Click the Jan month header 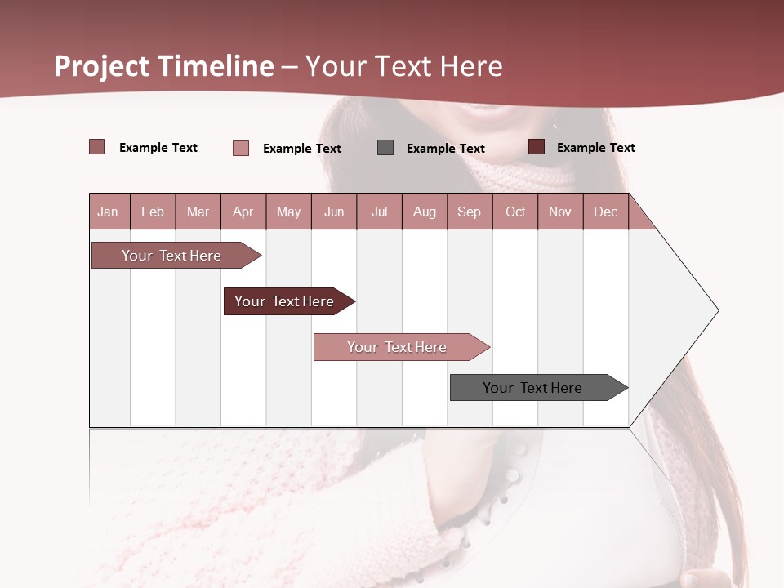point(108,212)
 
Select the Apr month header point(243,212)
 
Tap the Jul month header point(379,212)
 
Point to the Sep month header point(469,212)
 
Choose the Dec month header point(605,212)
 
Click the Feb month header point(153,212)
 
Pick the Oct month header point(515,212)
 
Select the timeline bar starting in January point(171,256)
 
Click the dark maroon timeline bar point(284,301)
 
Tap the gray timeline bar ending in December point(532,388)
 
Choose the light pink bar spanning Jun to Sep point(397,347)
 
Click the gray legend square point(385,147)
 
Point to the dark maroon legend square point(537,147)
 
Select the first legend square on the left point(96,147)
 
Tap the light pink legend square point(241,148)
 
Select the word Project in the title point(102,66)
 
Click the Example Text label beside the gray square point(445,149)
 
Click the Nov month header point(560,212)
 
